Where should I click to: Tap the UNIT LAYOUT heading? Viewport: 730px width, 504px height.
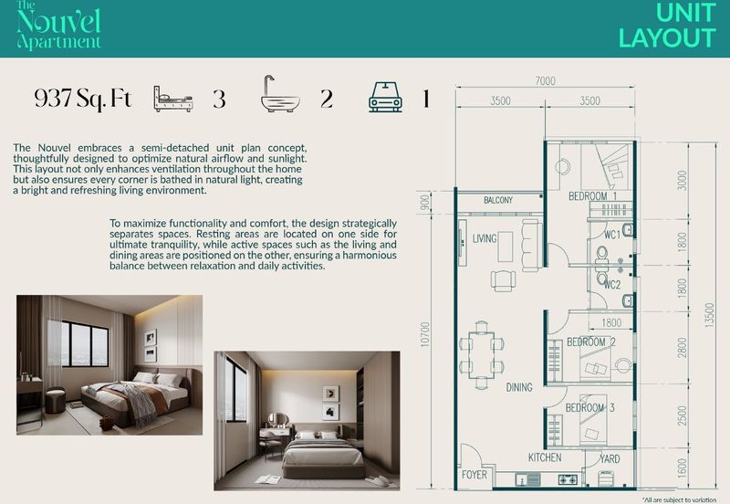pos(666,26)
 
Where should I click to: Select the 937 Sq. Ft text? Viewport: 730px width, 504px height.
pos(82,99)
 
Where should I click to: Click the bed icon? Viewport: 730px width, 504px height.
pos(172,98)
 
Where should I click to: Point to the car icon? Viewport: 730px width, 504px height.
pos(385,97)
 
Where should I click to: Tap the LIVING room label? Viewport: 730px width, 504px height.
pos(485,239)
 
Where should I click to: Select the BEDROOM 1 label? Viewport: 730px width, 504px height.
pos(592,196)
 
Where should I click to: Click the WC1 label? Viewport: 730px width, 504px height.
pos(611,235)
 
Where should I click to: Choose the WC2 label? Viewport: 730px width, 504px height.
pos(611,285)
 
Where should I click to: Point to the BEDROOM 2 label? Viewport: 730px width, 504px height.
pos(590,342)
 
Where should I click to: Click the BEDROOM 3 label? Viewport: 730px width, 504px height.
pos(590,407)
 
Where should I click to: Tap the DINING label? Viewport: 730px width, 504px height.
pos(519,388)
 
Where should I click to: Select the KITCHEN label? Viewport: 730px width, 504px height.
pos(545,457)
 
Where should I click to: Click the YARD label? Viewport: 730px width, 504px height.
pos(610,457)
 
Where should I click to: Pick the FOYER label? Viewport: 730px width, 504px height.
pos(474,476)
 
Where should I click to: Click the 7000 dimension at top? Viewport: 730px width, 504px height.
pos(545,81)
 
